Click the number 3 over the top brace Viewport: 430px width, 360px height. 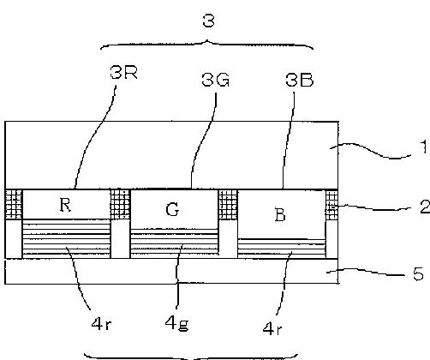click(x=208, y=21)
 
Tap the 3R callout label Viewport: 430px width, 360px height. click(x=123, y=72)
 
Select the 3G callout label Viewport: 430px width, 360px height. click(x=216, y=80)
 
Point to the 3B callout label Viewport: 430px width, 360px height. click(x=300, y=80)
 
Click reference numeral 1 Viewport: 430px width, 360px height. click(x=424, y=147)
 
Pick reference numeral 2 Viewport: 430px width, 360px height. click(x=425, y=207)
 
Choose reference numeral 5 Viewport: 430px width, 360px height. click(x=418, y=274)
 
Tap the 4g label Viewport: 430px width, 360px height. click(x=176, y=324)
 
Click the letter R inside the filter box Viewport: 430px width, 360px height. click(x=65, y=205)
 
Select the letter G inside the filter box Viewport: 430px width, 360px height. click(x=172, y=210)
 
